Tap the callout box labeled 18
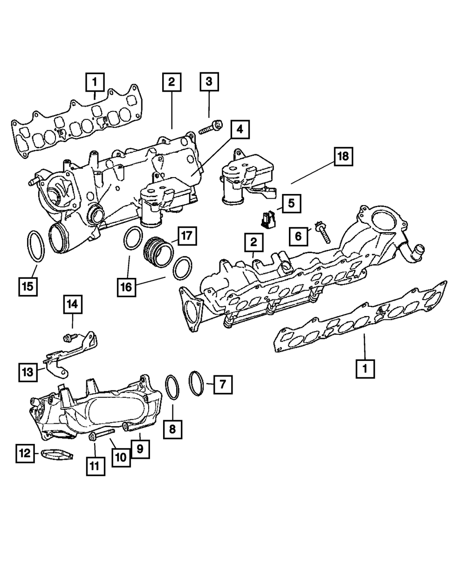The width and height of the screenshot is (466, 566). (343, 158)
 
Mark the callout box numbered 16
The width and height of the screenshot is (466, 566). (127, 287)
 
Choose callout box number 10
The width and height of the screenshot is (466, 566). (120, 457)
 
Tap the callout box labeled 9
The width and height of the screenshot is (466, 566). (140, 449)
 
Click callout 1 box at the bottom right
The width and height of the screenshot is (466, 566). (365, 368)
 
